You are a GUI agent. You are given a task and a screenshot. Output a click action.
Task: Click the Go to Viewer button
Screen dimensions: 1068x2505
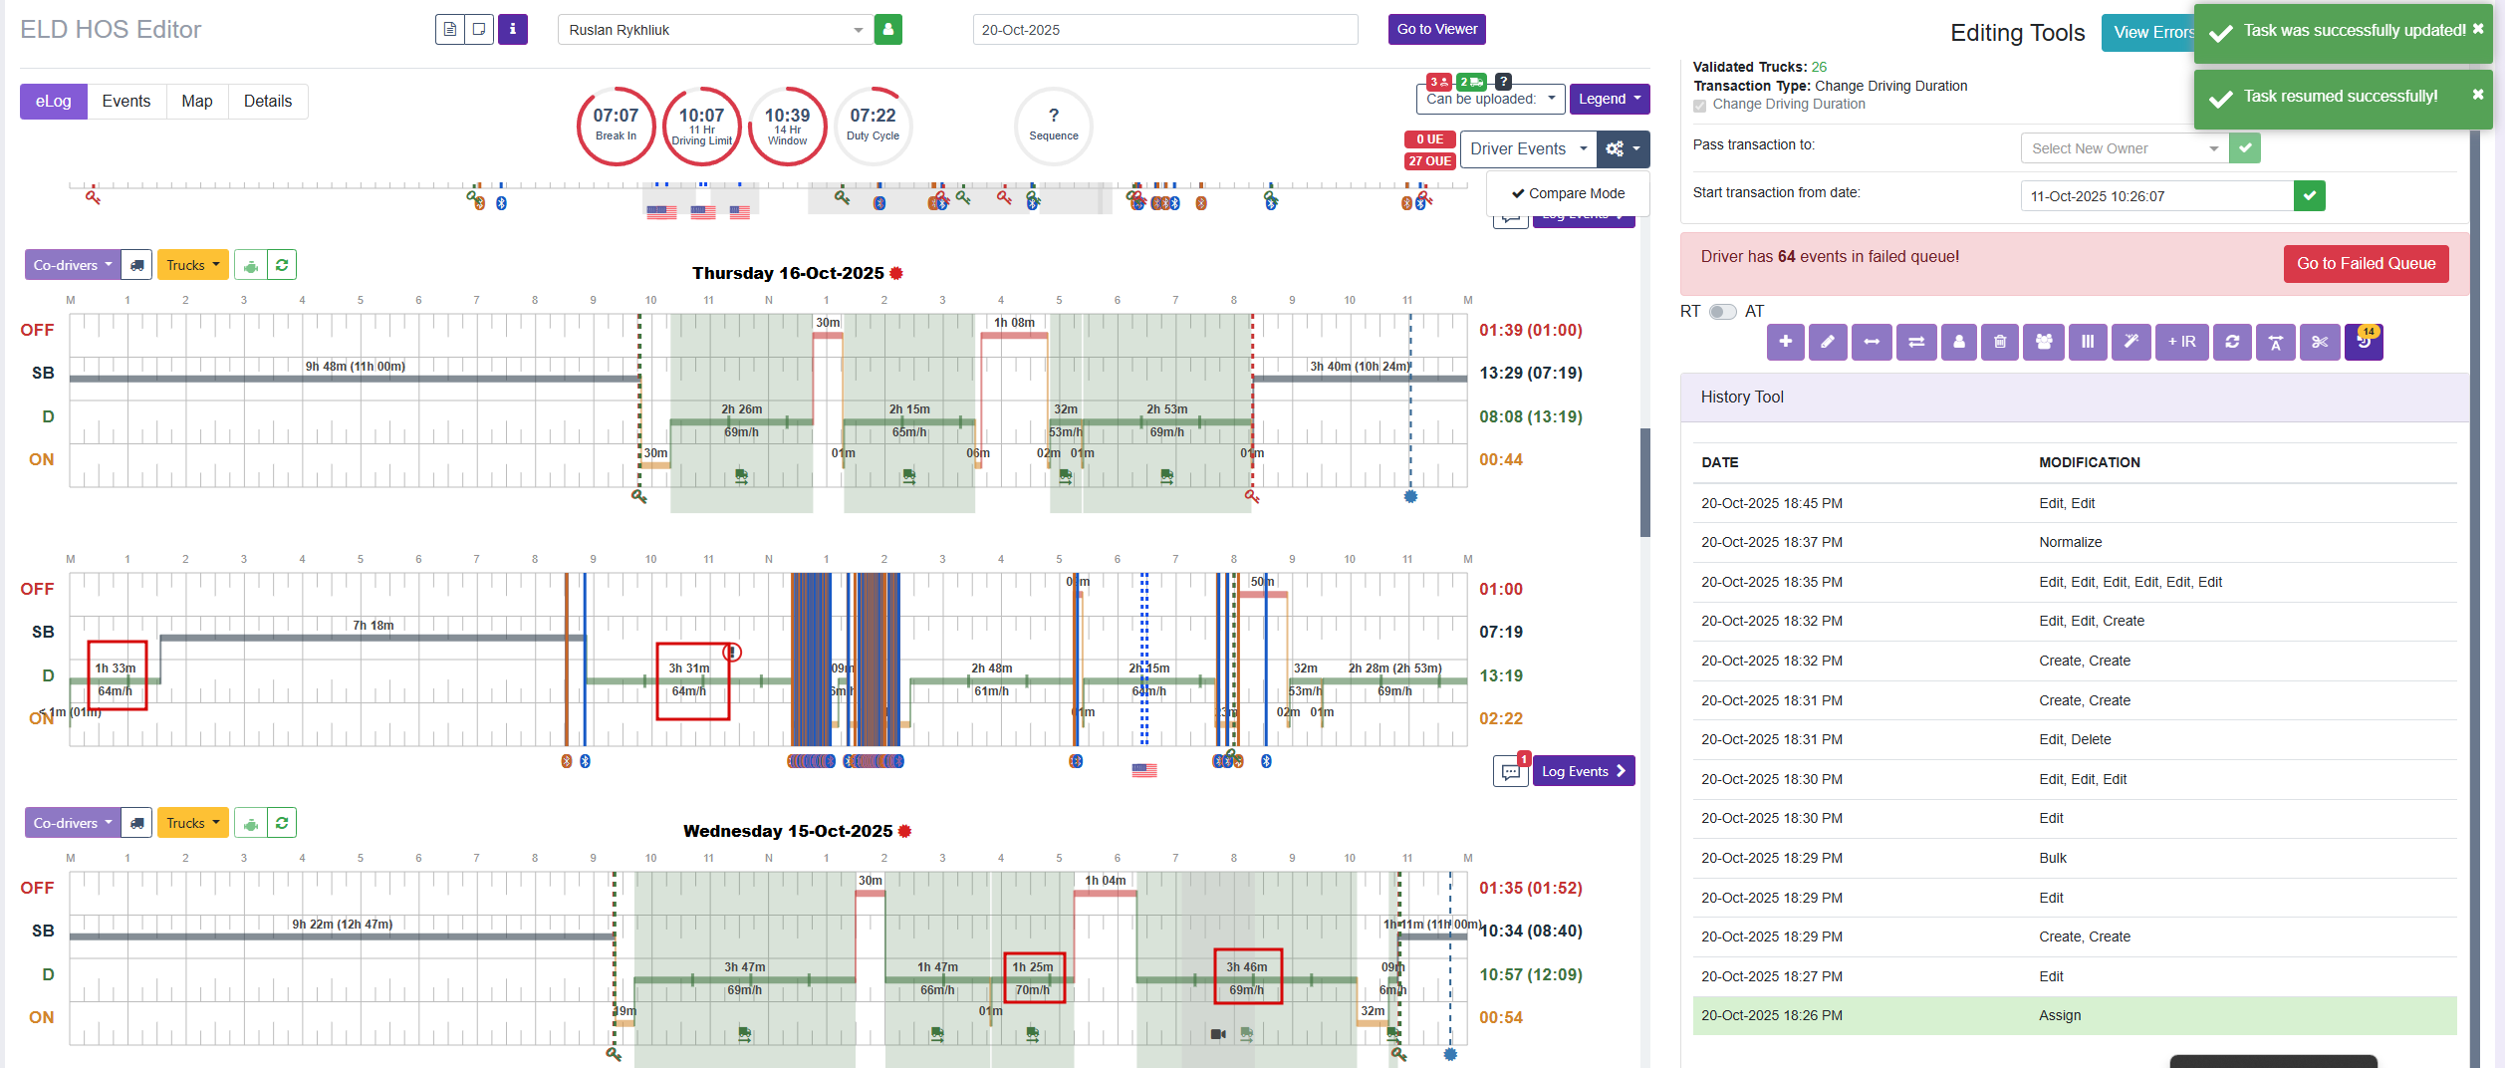1436,30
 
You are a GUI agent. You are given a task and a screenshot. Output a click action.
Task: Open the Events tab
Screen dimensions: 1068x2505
126,102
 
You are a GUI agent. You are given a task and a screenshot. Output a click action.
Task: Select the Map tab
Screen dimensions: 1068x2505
197,102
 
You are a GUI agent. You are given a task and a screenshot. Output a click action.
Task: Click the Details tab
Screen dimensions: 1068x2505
268,102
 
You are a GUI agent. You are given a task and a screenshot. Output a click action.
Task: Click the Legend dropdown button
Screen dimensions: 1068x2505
1609,99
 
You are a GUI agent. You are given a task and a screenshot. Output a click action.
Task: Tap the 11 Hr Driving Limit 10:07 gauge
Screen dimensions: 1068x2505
701,126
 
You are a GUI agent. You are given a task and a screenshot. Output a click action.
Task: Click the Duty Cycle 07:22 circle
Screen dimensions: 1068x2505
873,126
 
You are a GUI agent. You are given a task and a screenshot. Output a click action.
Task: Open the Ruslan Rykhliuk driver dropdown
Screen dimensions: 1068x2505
714,30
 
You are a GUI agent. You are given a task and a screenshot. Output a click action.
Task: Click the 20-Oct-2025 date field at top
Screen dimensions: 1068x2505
1164,30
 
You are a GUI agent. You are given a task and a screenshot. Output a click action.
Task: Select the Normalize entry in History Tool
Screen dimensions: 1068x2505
2070,543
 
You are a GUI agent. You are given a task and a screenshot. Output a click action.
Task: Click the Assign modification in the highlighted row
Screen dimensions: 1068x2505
2060,1016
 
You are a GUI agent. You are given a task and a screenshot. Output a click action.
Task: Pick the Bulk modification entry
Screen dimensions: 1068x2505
2053,859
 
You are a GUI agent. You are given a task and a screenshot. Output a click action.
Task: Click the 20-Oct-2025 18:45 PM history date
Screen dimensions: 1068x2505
1771,504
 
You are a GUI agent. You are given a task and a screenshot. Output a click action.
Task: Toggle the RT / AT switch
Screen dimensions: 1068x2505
1722,312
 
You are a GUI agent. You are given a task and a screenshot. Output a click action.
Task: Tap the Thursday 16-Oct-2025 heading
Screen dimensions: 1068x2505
788,273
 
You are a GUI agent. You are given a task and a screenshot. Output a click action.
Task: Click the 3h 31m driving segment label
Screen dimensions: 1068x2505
688,668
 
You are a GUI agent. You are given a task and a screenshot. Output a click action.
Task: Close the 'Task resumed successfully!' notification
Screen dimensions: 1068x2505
2477,95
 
